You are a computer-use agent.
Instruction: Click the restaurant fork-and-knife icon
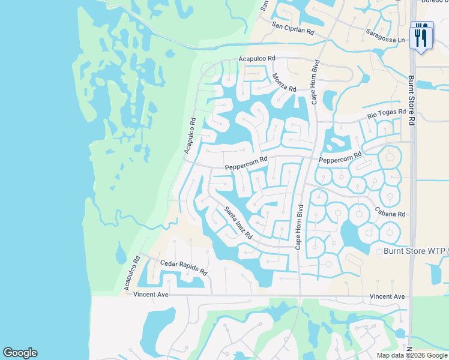tap(420, 37)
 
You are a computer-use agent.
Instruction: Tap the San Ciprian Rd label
tap(293, 28)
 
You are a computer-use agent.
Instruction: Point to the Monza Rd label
tap(285, 82)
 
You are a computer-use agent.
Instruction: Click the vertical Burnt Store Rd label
tap(411, 100)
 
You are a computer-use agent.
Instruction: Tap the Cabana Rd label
tap(390, 214)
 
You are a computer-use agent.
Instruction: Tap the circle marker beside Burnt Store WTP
tap(379, 251)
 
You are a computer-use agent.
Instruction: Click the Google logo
tap(20, 353)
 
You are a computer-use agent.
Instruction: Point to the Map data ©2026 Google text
tap(411, 355)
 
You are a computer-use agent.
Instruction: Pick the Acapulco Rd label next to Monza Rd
tap(256, 58)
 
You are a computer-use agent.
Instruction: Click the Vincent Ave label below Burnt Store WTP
tap(387, 296)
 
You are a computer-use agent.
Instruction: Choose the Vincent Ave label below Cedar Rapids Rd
tap(152, 295)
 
